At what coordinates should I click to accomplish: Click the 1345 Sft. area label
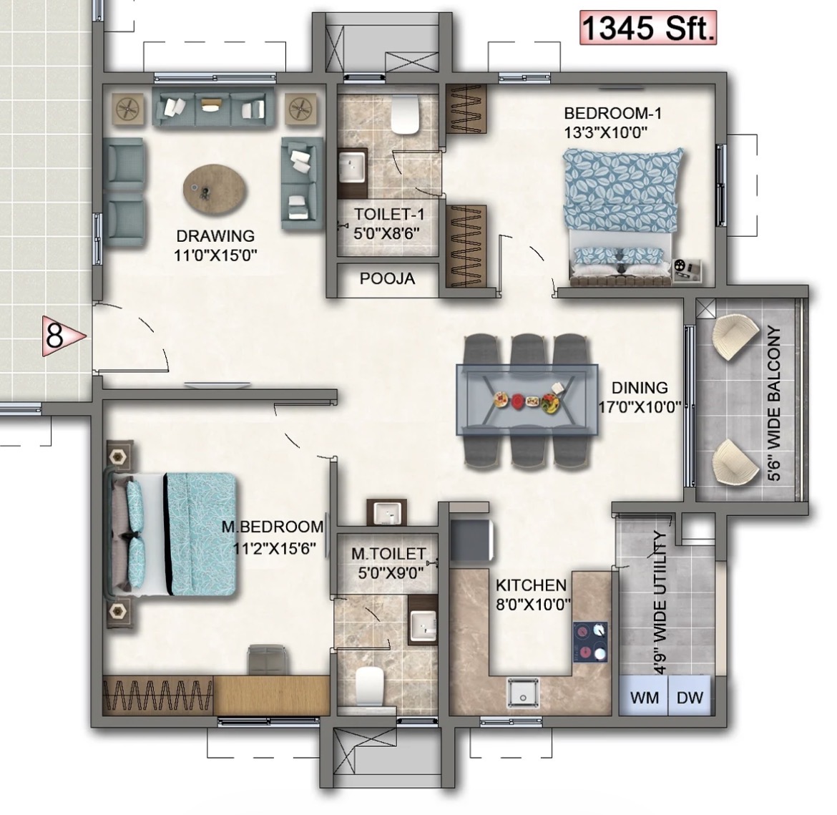648,29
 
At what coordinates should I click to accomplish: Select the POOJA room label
387,278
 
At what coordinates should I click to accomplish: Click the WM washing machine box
645,696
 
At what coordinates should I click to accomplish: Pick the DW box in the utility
690,696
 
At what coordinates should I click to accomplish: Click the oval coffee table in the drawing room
215,189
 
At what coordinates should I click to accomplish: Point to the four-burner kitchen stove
590,642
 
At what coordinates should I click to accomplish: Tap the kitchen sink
523,693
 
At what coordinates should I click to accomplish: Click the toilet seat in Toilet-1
406,114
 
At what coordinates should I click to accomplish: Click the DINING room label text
640,387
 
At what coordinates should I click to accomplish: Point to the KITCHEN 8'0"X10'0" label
533,595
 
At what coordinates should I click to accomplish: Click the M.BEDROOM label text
273,527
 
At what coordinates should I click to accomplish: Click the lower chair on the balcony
735,462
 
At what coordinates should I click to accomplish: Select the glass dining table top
527,399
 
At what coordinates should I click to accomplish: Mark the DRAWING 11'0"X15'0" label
215,245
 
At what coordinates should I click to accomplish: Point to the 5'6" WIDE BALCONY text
775,404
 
